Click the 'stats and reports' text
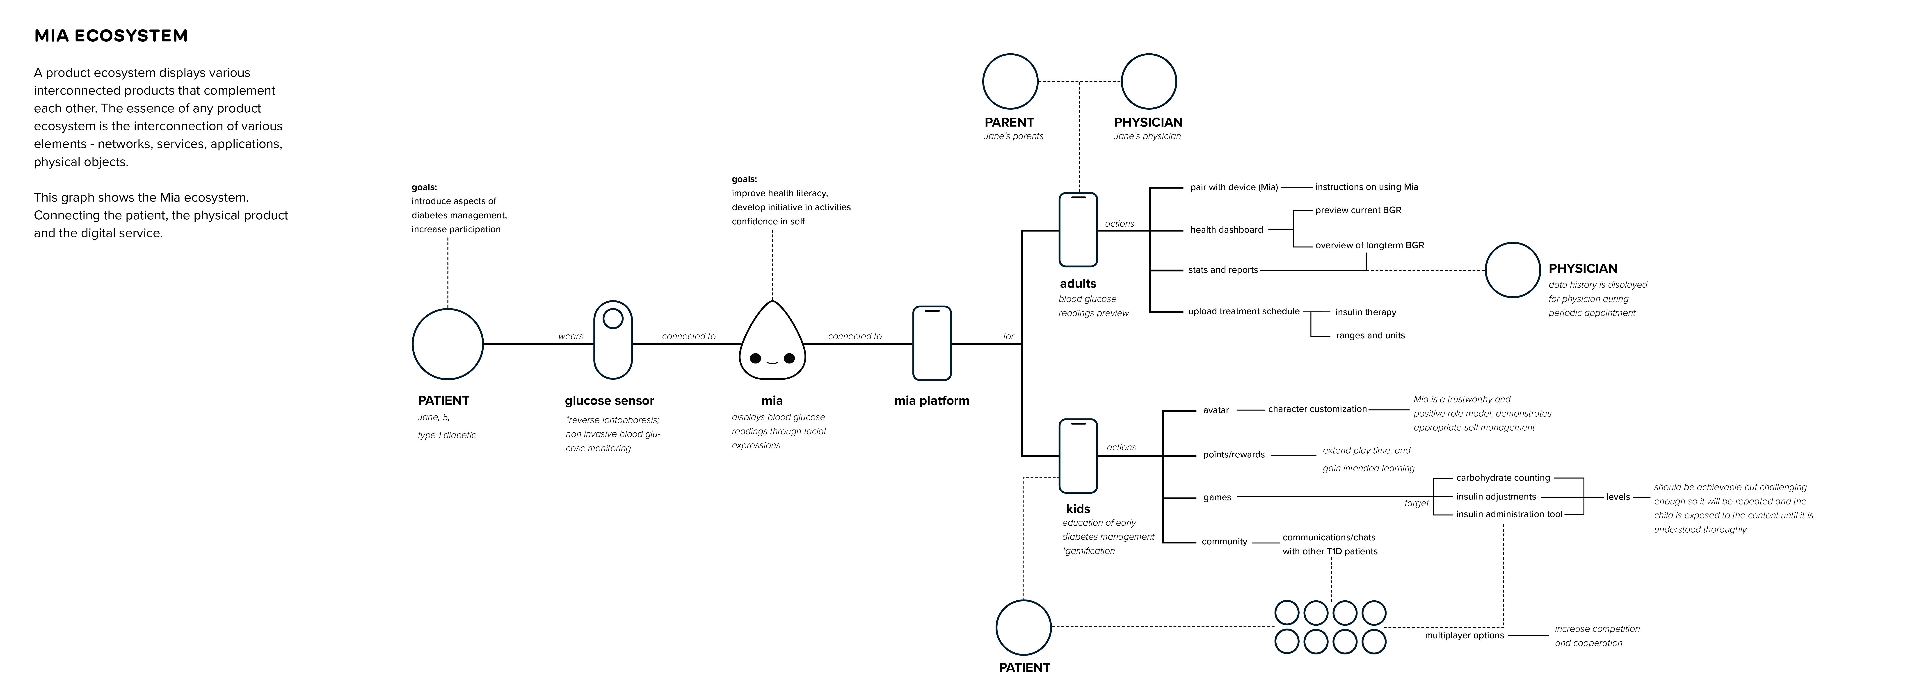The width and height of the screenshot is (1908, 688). coord(1223,270)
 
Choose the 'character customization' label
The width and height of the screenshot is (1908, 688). coord(1317,409)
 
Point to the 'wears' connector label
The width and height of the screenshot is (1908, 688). coord(570,336)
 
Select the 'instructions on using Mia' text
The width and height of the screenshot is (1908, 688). coord(1366,187)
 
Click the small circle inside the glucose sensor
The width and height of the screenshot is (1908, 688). coord(612,318)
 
